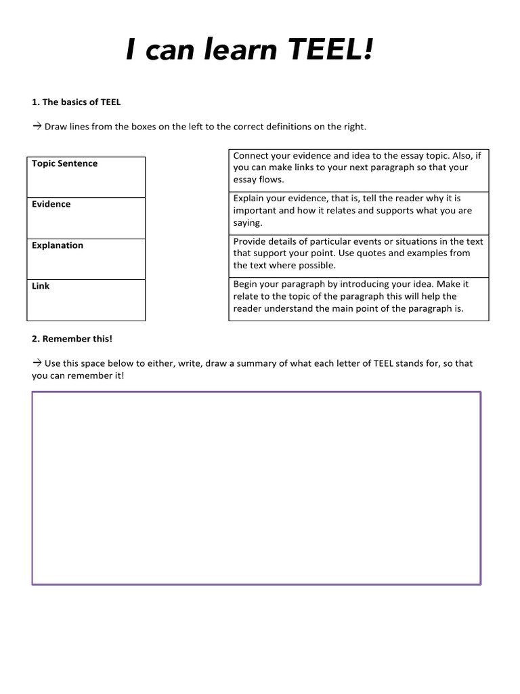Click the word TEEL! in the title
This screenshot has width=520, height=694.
coord(328,51)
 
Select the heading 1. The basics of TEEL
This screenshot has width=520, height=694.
coord(76,102)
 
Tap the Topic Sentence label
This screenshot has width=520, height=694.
coord(64,163)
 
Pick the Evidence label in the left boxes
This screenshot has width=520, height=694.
coord(51,204)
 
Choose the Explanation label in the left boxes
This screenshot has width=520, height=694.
coord(58,245)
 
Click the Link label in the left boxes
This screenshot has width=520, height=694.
coord(41,286)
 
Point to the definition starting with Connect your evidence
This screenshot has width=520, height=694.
coord(358,168)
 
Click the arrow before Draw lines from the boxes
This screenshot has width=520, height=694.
coord(37,127)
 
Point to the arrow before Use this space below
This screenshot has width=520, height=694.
coord(37,363)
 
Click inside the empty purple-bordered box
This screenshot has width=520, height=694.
coord(256,488)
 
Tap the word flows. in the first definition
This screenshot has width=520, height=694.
coord(272,180)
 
